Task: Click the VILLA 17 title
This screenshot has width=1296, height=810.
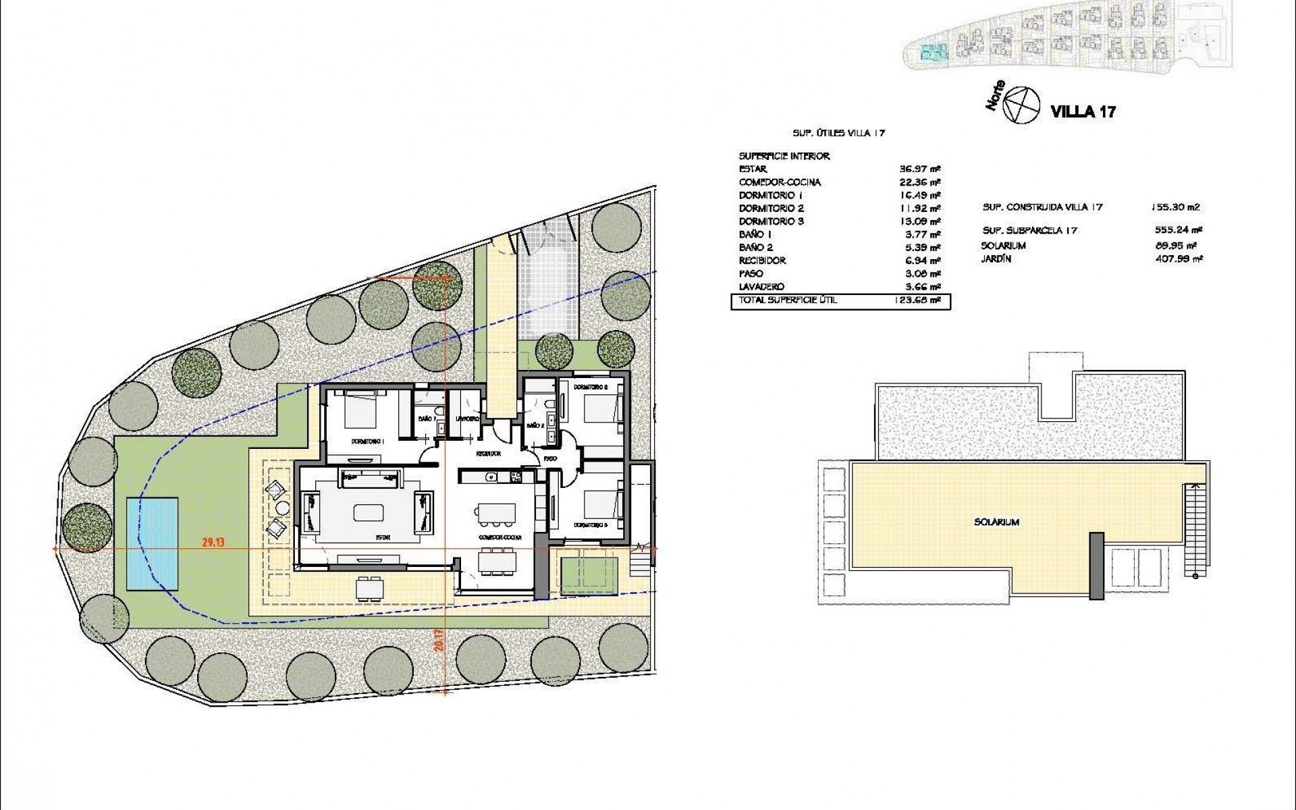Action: pyautogui.click(x=1083, y=111)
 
